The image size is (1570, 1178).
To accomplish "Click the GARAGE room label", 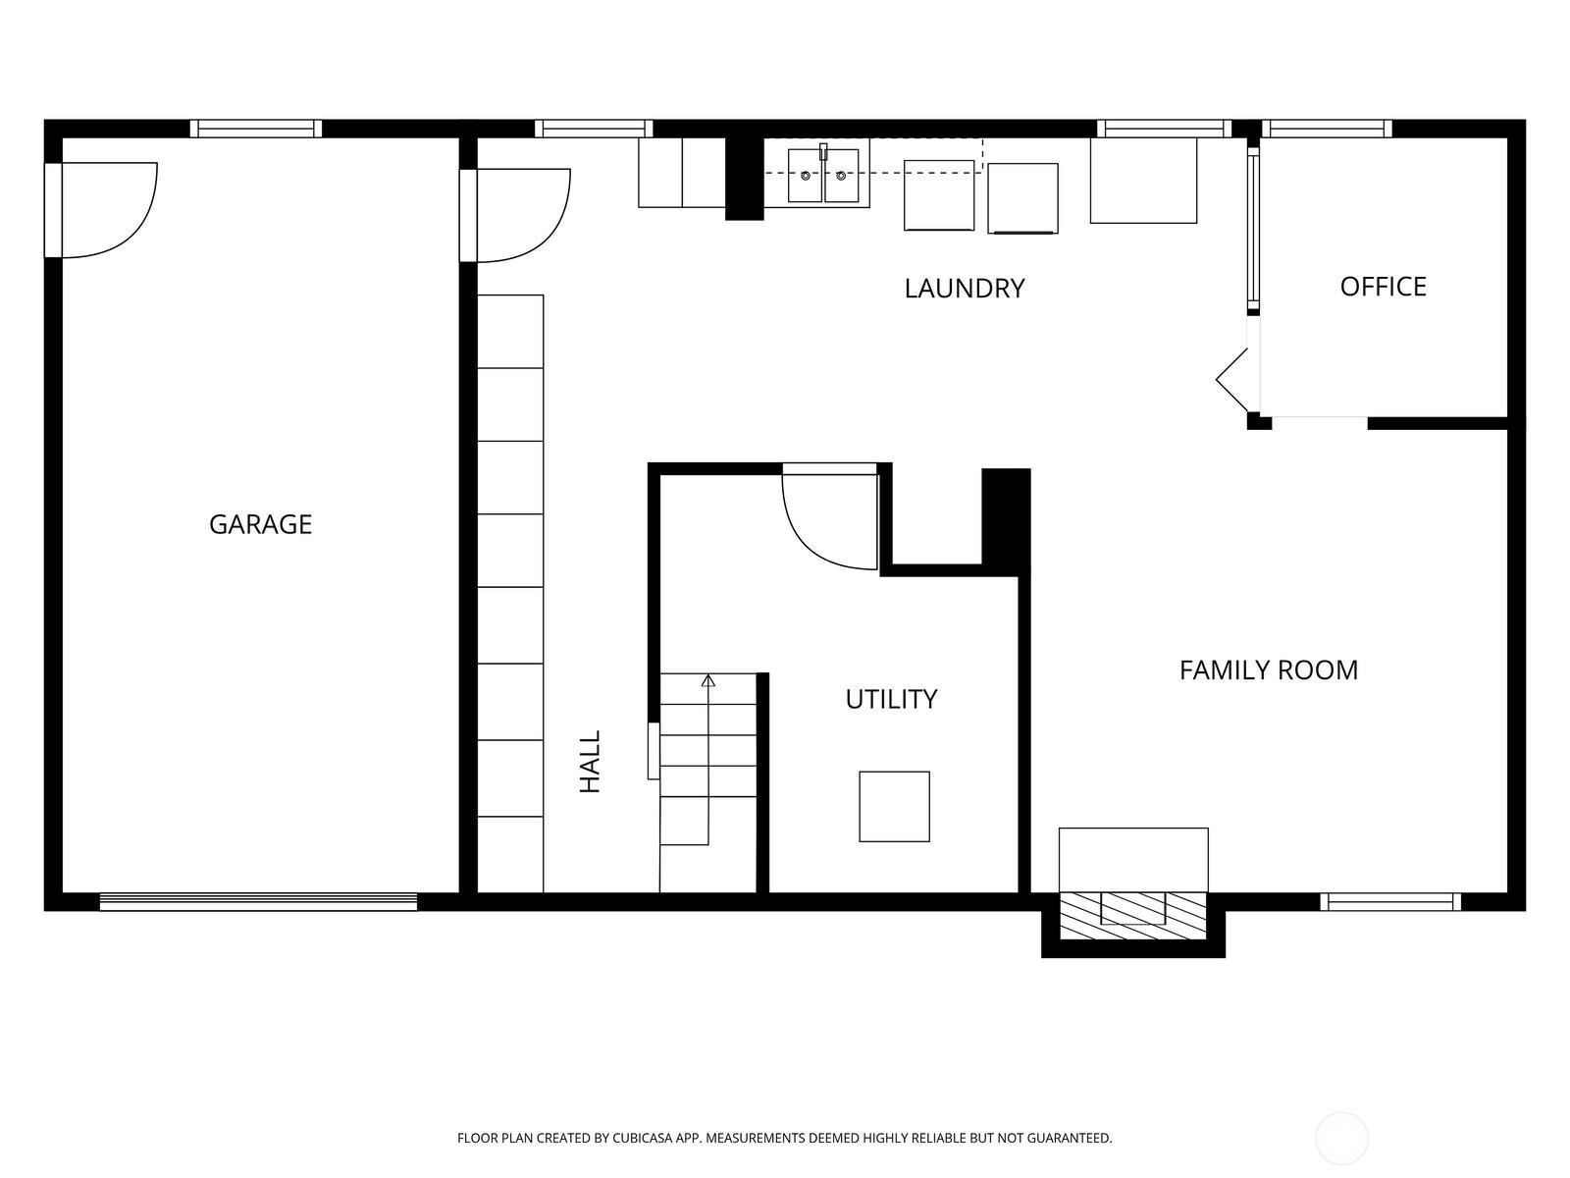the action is (260, 524).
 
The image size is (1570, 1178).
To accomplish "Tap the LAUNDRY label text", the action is (965, 289).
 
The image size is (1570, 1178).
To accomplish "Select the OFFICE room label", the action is (1383, 287).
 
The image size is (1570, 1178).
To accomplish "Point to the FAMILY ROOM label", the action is (1268, 670).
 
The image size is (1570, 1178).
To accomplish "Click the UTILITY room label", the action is (891, 699).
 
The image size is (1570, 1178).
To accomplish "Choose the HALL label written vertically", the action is (590, 762).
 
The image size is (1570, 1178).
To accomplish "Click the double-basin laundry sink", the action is (823, 176).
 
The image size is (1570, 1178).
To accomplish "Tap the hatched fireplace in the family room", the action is (1133, 915).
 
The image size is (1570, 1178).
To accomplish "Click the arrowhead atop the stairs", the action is (708, 680).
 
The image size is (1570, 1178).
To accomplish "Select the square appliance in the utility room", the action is (894, 806).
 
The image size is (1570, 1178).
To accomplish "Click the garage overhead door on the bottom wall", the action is (258, 902).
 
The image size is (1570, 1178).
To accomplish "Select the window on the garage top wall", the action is (256, 129).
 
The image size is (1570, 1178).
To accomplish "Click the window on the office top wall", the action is (1327, 129).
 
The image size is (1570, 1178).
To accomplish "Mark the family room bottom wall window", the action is (1390, 902).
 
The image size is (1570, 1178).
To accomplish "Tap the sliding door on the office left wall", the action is (1253, 230).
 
